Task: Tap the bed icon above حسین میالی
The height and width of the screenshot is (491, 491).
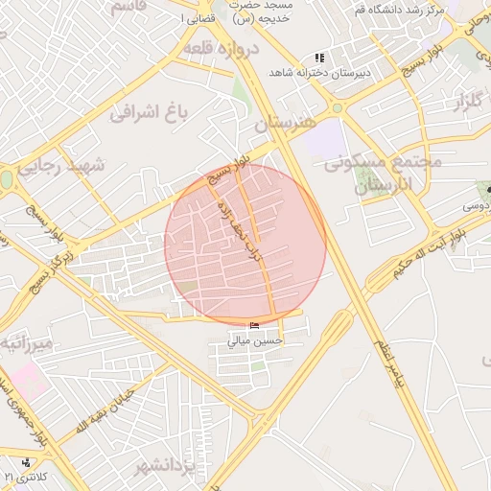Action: (x=253, y=327)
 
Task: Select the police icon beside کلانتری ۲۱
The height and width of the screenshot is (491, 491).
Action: (x=26, y=462)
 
